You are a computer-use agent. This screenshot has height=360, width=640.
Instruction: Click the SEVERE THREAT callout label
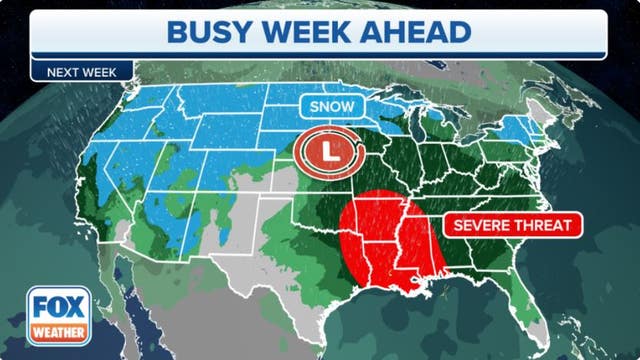(513, 225)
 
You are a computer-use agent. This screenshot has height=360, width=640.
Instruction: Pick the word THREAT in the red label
(545, 225)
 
